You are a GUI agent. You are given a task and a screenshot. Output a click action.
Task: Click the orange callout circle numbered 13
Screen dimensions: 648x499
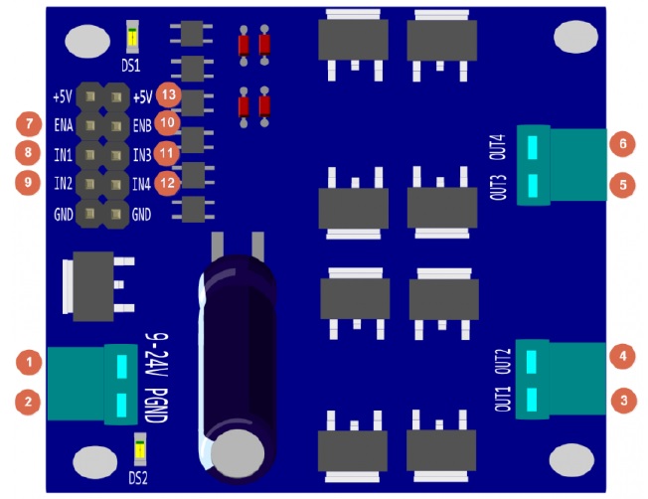coord(169,94)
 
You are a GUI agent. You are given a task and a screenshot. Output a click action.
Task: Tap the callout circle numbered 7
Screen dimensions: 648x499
coord(29,123)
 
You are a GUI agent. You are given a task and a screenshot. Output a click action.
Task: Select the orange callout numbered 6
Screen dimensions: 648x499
coord(623,143)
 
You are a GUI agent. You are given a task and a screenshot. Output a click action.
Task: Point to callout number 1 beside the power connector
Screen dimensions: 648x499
coord(29,362)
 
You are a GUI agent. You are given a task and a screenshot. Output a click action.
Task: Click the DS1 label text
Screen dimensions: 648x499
coord(130,66)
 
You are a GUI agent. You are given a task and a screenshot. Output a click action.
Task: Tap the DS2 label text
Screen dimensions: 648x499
coord(138,478)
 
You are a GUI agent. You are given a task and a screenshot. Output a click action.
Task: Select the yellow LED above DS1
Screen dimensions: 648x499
coord(132,37)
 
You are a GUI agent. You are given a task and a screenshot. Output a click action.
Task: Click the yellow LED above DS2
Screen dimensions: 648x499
coord(140,449)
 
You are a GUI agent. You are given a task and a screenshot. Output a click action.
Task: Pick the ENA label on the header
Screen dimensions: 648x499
coord(64,125)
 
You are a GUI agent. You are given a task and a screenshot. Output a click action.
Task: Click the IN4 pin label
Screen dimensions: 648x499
coord(141,184)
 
